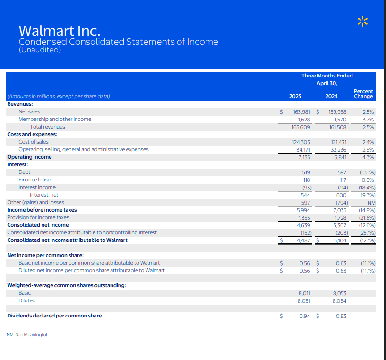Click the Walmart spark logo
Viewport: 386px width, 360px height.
coord(362,21)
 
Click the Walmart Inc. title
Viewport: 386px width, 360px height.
coord(59,31)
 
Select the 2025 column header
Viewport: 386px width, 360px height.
coord(295,97)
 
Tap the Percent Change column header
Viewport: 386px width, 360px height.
coord(363,94)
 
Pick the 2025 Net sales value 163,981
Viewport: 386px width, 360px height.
coord(301,112)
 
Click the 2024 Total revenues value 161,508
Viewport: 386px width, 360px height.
coord(337,127)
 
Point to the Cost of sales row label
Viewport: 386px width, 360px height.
coord(34,142)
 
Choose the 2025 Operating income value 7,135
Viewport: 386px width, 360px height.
coord(303,157)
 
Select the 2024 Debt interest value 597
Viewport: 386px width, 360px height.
coord(340,172)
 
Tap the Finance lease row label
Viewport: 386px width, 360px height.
coord(34,180)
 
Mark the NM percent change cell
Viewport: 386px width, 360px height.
coord(371,202)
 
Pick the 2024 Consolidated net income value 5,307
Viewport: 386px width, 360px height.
coord(340,225)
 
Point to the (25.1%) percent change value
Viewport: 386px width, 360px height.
coord(367,232)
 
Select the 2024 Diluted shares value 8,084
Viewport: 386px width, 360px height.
coord(339,300)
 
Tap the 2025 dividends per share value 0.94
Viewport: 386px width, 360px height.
coord(305,316)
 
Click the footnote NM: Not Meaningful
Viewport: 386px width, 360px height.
coord(27,334)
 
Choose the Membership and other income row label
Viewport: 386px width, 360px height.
coord(55,119)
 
